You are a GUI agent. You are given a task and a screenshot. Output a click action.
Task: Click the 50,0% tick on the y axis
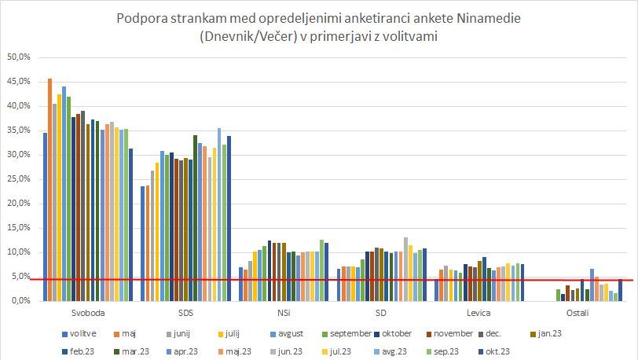[18, 57]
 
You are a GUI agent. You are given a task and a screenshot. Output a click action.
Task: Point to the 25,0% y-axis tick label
[18, 179]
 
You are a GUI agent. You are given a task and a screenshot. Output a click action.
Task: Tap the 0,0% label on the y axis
[20, 301]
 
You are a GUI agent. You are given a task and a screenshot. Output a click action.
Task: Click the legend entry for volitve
[79, 332]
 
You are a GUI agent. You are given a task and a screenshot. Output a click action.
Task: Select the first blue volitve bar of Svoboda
[45, 216]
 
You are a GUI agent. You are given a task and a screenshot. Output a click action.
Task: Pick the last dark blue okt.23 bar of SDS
[229, 218]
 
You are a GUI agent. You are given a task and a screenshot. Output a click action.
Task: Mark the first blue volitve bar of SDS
[142, 243]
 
